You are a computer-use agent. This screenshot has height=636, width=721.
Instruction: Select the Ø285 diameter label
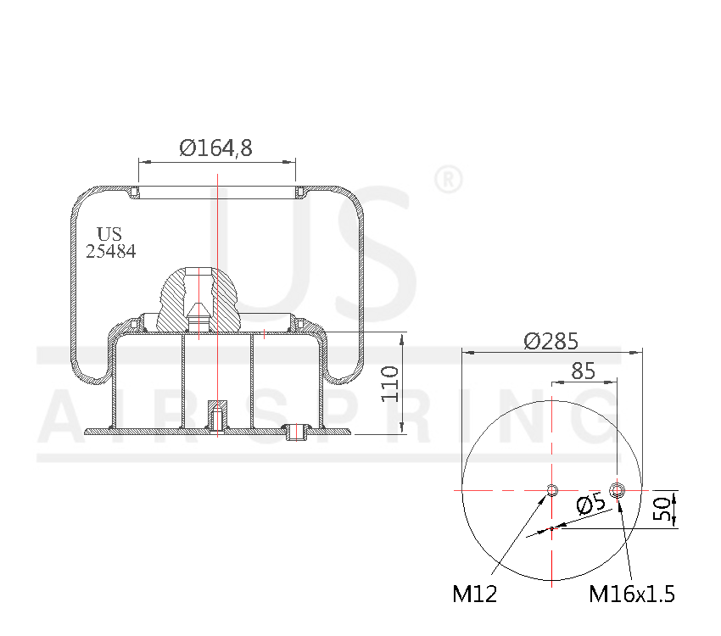click(x=551, y=341)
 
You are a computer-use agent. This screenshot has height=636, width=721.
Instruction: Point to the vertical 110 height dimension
click(x=389, y=383)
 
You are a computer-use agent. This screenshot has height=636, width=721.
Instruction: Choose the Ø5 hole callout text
click(x=591, y=506)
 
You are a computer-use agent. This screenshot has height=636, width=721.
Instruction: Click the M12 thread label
click(x=474, y=594)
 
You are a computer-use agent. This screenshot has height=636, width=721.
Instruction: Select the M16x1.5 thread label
click(x=632, y=594)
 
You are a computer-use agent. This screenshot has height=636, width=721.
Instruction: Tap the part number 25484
click(x=110, y=252)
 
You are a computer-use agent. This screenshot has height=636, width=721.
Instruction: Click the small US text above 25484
click(x=109, y=234)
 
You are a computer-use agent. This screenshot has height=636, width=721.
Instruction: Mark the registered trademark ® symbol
click(x=447, y=180)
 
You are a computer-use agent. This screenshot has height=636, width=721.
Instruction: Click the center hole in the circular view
click(x=552, y=490)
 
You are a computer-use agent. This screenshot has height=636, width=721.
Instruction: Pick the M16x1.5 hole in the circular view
click(x=618, y=490)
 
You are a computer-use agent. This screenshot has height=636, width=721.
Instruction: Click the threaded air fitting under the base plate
click(x=297, y=433)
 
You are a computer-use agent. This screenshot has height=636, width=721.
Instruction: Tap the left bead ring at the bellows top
click(x=134, y=194)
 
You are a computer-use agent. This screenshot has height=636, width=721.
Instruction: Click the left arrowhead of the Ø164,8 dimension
click(x=143, y=160)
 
